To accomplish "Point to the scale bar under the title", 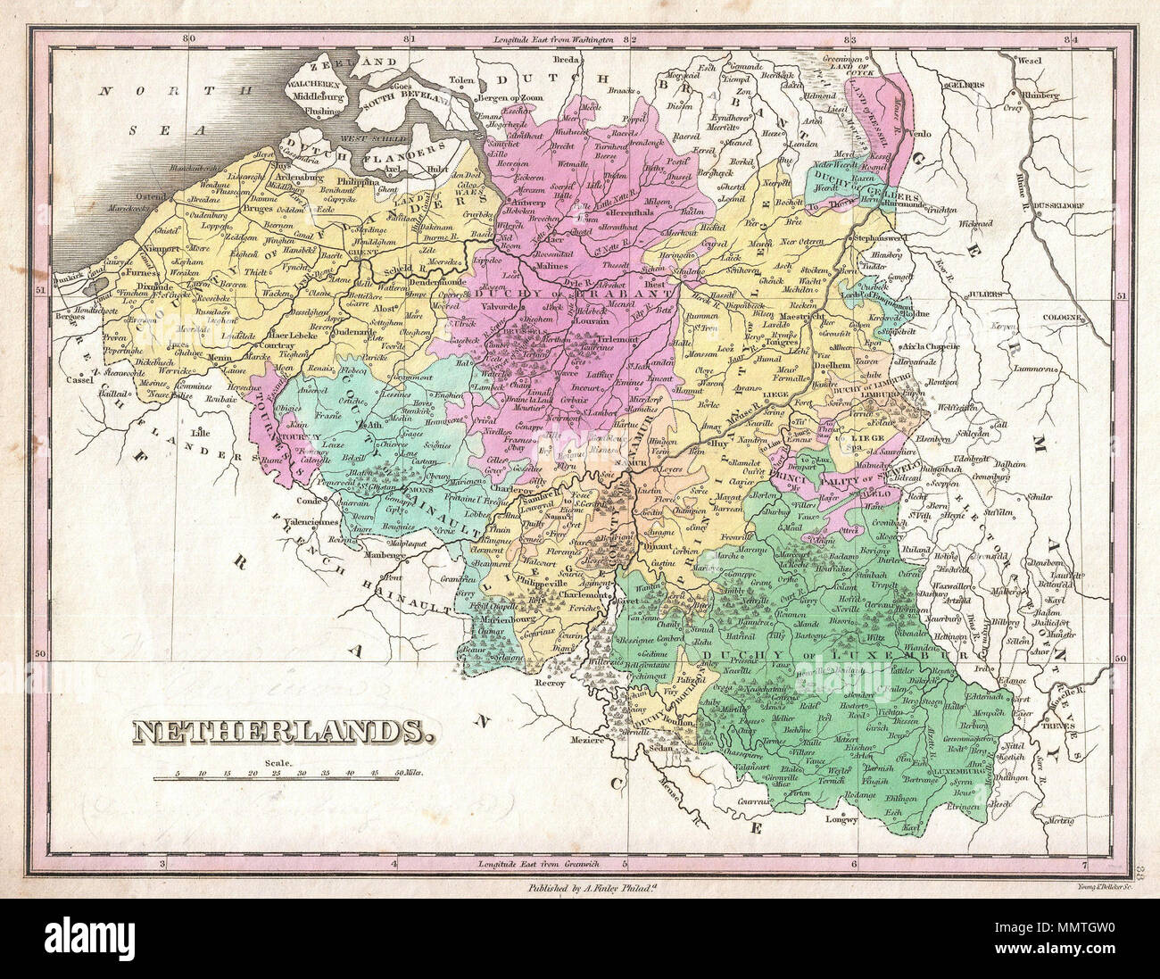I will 276,778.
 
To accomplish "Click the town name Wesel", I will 1028,62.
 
